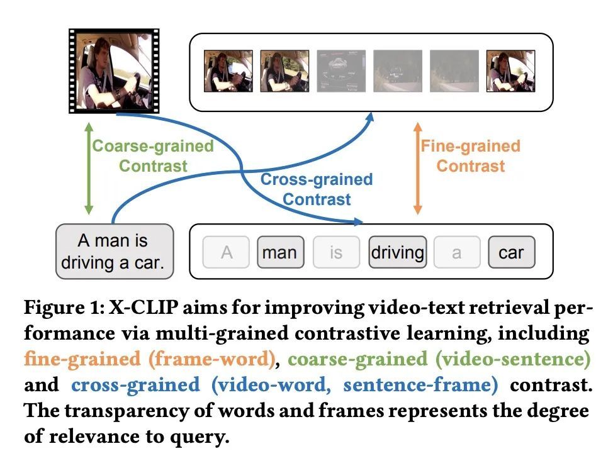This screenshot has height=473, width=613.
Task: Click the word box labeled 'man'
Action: (x=280, y=252)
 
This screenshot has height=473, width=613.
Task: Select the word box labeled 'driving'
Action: (x=398, y=252)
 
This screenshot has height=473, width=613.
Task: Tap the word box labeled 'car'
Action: (x=511, y=252)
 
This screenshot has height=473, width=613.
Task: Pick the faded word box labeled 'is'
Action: (x=336, y=252)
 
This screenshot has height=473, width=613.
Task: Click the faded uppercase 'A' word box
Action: (x=226, y=252)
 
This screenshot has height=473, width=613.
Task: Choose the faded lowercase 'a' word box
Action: (x=457, y=252)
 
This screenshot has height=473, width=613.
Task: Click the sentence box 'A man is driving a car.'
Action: (x=115, y=252)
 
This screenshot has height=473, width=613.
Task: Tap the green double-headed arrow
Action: (x=89, y=169)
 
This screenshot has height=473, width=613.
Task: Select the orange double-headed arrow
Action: (x=417, y=169)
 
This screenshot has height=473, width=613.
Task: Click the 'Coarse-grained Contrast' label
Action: (x=153, y=156)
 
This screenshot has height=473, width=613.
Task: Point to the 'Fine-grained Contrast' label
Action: (x=470, y=156)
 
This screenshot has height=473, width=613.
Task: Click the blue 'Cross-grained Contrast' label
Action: (x=317, y=189)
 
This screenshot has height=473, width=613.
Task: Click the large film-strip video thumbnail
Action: (x=114, y=71)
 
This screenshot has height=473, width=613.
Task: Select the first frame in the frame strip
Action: (x=228, y=71)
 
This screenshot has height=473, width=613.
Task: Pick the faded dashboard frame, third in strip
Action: (x=341, y=71)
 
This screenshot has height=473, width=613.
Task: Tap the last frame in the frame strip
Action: (x=510, y=71)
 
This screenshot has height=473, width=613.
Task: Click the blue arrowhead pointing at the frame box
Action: (x=370, y=117)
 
